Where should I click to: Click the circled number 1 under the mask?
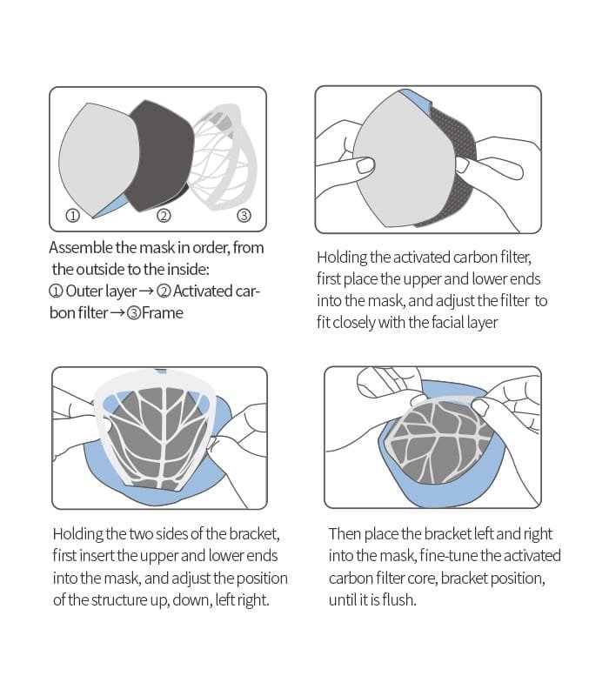73,216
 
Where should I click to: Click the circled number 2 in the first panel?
164,216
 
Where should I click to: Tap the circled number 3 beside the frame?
244,216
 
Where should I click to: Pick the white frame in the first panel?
224,157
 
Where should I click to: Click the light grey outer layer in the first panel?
98,160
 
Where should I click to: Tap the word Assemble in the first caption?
81,248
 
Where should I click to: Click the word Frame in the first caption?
163,313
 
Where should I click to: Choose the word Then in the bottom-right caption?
345,534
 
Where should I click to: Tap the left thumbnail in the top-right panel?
365,166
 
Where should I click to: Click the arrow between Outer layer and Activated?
146,291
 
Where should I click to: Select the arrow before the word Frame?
117,313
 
